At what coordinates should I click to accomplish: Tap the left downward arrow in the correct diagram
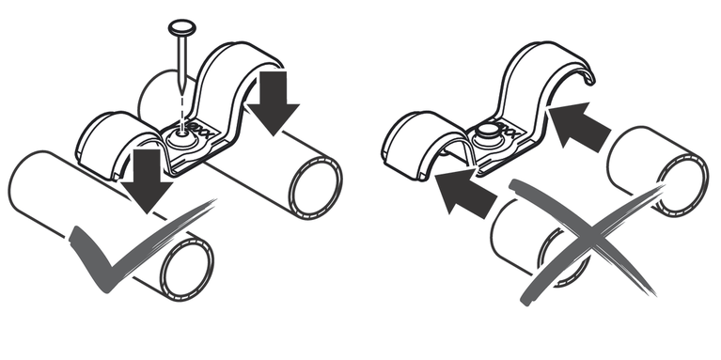[147, 179]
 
